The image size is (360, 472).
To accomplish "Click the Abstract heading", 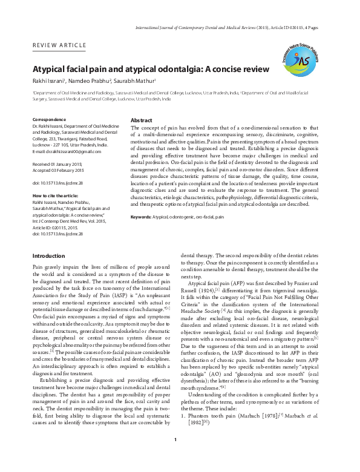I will pos(141,120).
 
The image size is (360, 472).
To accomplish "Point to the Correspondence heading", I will pos(48,119).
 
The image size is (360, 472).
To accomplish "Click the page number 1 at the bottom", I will pos(175,456).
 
